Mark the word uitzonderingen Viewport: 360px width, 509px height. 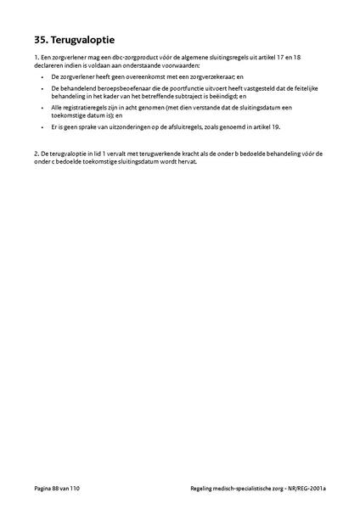(x=125, y=126)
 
